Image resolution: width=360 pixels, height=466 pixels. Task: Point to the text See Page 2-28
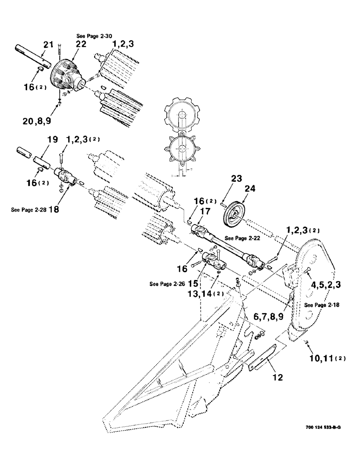click(x=28, y=209)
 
